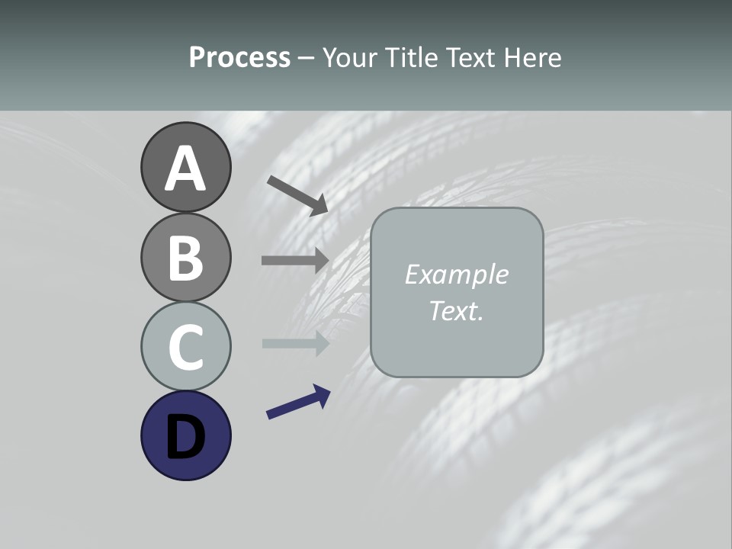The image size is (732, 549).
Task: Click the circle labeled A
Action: (185, 167)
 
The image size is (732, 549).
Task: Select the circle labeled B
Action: (185, 257)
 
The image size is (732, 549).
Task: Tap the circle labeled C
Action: (185, 346)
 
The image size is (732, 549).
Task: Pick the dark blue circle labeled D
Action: (185, 435)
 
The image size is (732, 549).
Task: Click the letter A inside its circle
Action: (185, 169)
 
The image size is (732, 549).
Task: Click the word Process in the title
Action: (239, 57)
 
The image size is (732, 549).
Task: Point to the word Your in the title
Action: (351, 57)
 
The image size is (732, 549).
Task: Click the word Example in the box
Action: (456, 274)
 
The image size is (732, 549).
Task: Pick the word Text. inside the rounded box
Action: (456, 310)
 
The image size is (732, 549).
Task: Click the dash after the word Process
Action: (306, 58)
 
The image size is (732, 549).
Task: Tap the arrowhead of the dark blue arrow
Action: (322, 393)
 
